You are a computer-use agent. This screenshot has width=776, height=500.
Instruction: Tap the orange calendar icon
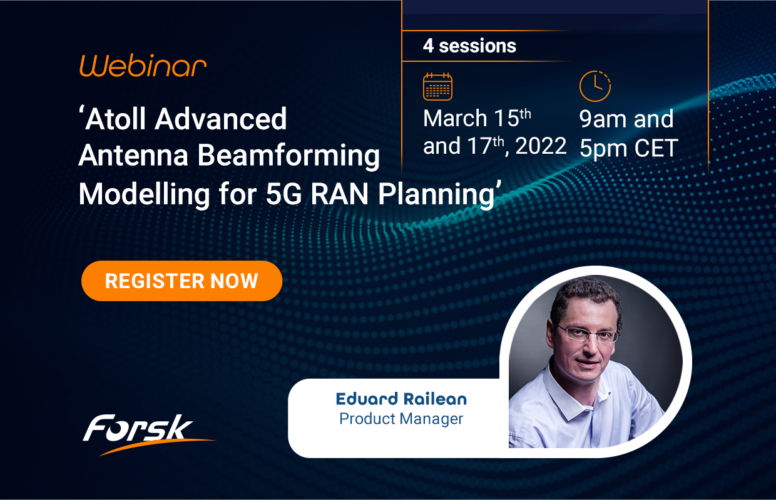tap(437, 86)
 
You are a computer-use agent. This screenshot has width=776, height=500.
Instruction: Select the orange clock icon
tap(595, 86)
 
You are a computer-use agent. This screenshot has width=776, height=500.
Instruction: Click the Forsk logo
tap(139, 430)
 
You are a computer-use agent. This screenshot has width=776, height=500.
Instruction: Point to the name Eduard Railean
tap(401, 399)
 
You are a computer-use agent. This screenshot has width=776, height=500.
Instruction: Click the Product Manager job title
tap(401, 418)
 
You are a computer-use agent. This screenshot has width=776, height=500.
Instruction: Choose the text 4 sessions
tap(469, 46)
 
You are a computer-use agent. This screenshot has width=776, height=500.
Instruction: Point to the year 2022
tap(540, 146)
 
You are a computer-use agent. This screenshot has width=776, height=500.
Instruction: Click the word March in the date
tap(455, 119)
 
